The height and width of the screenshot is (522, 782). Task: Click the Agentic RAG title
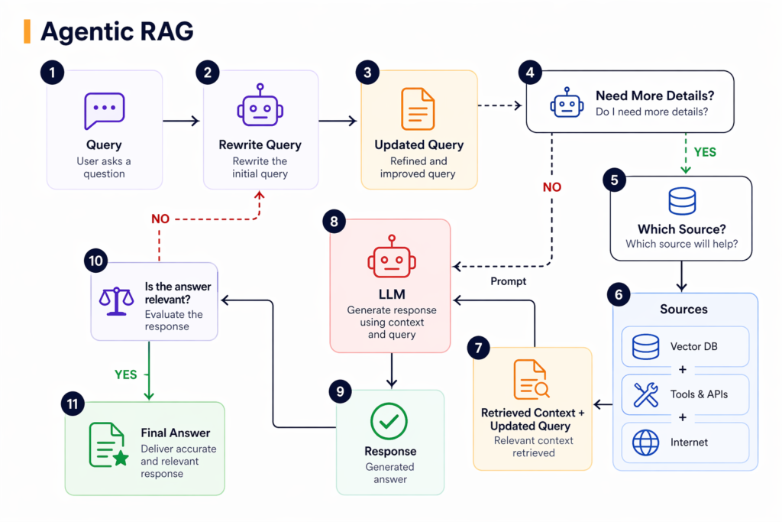pyautogui.click(x=117, y=31)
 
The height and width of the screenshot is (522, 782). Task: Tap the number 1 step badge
pyautogui.click(x=52, y=73)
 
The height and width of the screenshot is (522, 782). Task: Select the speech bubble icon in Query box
pyautogui.click(x=104, y=111)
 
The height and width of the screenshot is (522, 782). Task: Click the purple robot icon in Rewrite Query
pyautogui.click(x=260, y=106)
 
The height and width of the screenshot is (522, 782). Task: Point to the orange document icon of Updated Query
pyautogui.click(x=418, y=109)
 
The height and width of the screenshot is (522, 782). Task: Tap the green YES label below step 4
pyautogui.click(x=704, y=152)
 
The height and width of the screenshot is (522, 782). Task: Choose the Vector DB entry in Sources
pyautogui.click(x=685, y=347)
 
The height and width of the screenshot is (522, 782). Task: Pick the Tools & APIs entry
pyautogui.click(x=685, y=394)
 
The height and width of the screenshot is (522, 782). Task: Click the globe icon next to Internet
pyautogui.click(x=646, y=442)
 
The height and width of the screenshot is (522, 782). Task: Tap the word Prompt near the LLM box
pyautogui.click(x=509, y=281)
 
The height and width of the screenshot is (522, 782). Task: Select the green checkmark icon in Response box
pyautogui.click(x=389, y=421)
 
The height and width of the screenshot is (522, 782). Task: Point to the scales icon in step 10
pyautogui.click(x=116, y=300)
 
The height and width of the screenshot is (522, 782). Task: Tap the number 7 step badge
pyautogui.click(x=478, y=348)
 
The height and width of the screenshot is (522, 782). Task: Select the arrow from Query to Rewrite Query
pyautogui.click(x=181, y=121)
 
